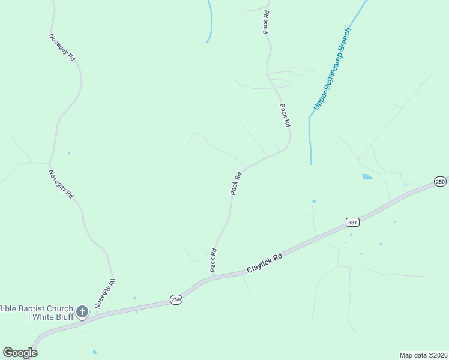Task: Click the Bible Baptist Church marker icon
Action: tap(82, 311)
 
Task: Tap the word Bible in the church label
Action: tap(8, 308)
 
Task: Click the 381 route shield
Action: tap(353, 223)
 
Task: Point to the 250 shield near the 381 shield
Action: tap(440, 182)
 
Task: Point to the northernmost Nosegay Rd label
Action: tap(62, 47)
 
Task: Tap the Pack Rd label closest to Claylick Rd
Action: tap(213, 260)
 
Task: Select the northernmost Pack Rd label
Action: tap(265, 21)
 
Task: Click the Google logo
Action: tap(20, 353)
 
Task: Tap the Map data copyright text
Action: tap(423, 355)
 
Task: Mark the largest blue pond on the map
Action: tap(367, 177)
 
